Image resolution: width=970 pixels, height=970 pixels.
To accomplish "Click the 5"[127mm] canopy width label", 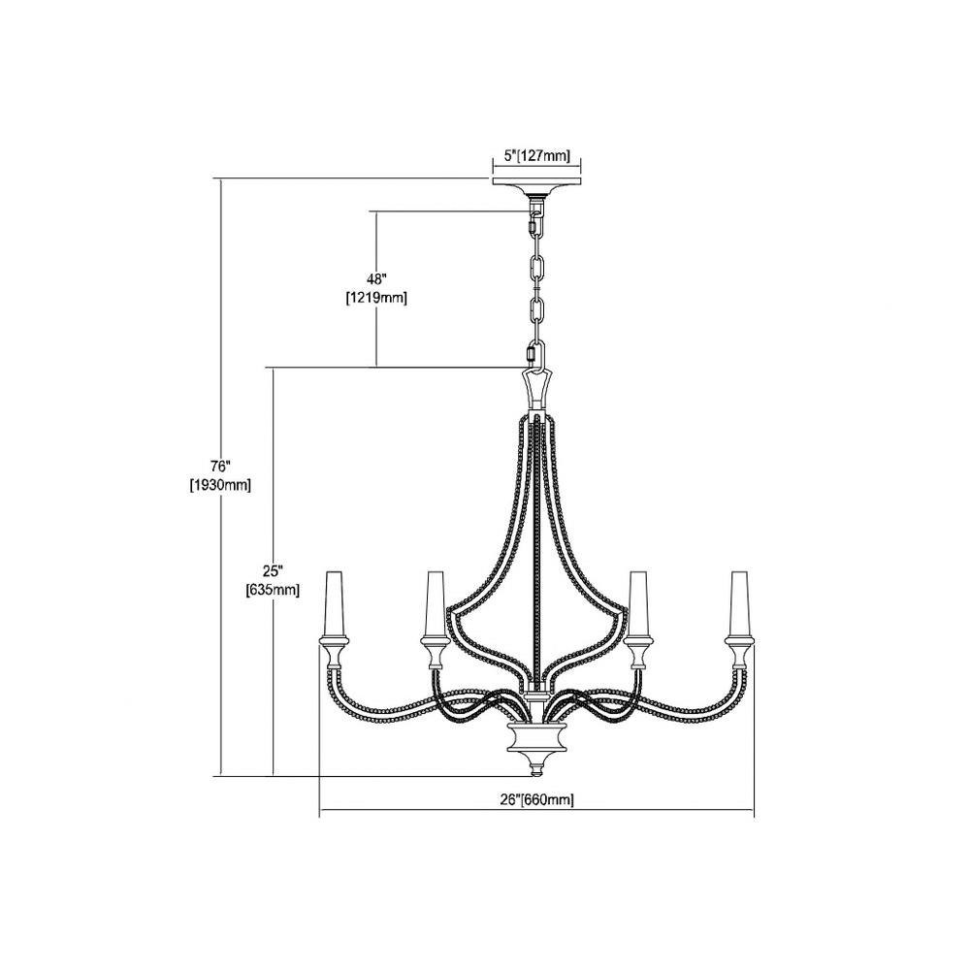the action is [x=536, y=156].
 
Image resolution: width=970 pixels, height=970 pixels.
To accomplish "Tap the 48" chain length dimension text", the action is [x=376, y=278].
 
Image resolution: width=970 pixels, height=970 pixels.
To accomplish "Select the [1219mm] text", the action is [x=376, y=298].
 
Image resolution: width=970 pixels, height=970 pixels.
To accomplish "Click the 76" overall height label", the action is [x=220, y=466].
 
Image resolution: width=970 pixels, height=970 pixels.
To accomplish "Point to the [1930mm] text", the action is [x=220, y=486].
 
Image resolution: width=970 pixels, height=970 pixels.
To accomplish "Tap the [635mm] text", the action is [x=273, y=590].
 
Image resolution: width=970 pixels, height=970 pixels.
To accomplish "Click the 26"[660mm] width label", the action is [x=536, y=800].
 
